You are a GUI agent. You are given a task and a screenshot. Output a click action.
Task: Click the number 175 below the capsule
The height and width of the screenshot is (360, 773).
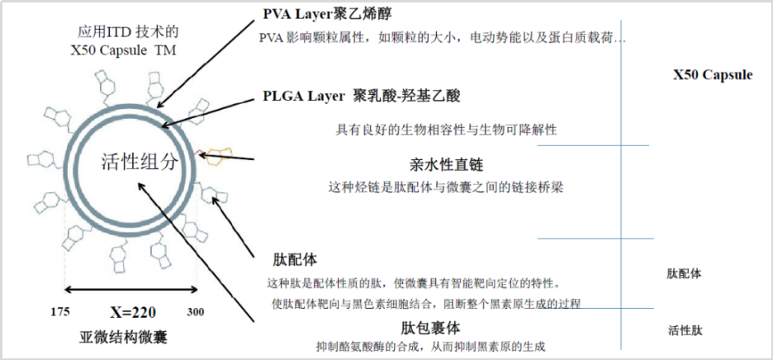pos(59,312)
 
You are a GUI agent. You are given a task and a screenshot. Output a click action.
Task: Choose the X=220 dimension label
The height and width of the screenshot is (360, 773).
pos(133,312)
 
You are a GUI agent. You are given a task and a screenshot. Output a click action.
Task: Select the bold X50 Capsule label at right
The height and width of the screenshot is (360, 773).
pos(713,74)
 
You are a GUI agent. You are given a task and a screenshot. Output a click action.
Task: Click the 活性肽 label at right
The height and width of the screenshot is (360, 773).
pos(685,331)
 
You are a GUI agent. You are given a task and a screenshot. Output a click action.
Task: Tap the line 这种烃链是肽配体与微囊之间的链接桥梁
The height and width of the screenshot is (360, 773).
pos(446,187)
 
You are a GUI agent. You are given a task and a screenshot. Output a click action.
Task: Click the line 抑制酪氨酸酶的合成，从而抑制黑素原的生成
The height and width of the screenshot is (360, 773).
pos(432,347)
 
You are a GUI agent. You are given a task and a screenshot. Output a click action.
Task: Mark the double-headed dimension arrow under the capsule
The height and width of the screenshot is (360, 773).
pos(132,289)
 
